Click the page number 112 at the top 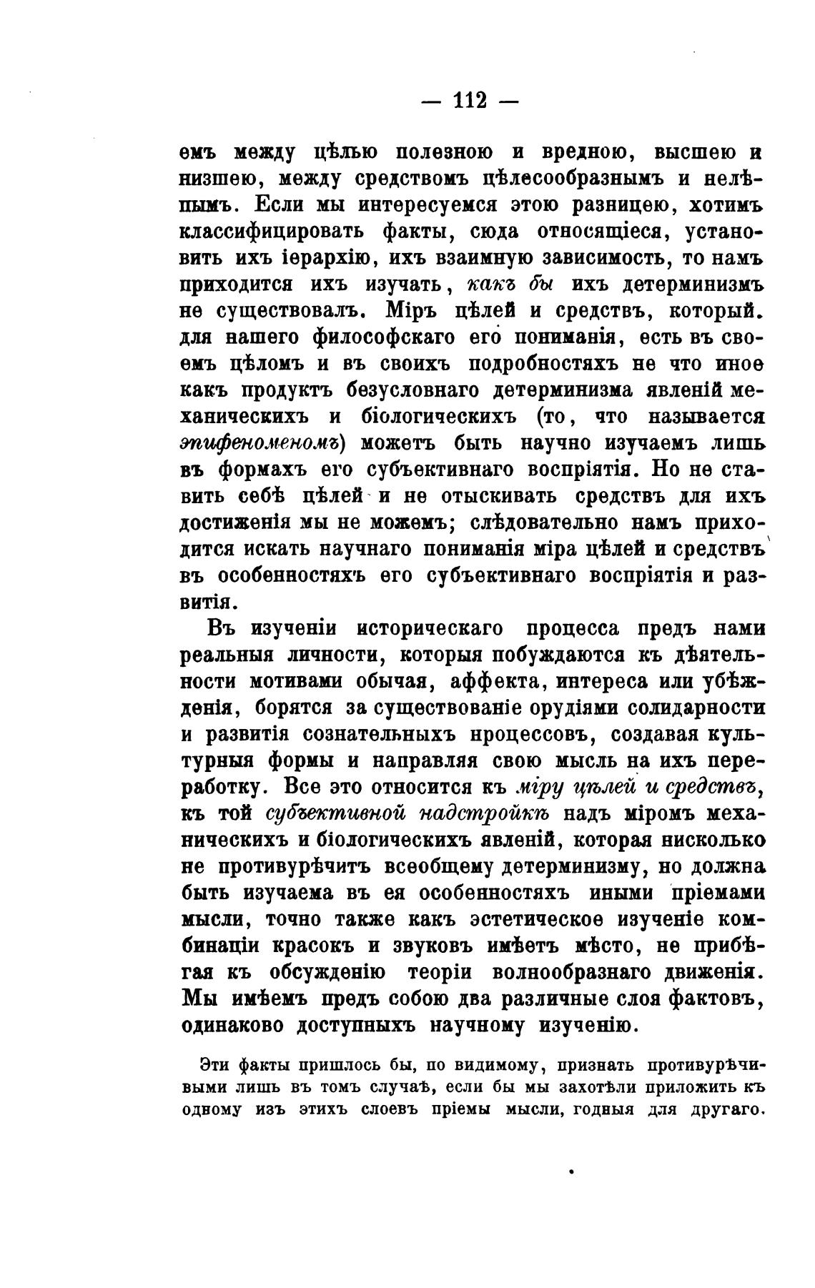pyautogui.click(x=470, y=101)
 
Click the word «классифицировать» pyautogui.click(x=270, y=232)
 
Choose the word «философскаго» pyautogui.click(x=390, y=337)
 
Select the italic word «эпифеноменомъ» pyautogui.click(x=259, y=444)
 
